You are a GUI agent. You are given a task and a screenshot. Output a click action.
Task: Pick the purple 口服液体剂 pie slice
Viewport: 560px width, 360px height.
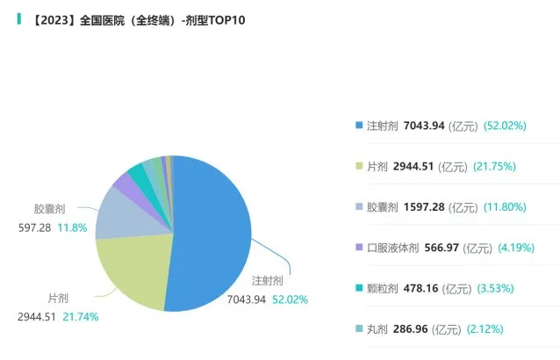tap(123, 182)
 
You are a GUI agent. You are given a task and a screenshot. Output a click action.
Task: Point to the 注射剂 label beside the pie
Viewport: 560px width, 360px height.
tap(267, 282)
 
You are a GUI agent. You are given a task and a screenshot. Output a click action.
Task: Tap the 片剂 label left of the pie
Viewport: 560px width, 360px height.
tap(60, 299)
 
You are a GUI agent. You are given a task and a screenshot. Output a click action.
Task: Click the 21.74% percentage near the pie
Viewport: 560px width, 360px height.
tap(80, 316)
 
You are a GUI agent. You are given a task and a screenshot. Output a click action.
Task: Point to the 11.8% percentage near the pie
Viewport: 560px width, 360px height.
tap(73, 227)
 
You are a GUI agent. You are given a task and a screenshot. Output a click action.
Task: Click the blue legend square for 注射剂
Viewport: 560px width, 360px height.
tap(358, 126)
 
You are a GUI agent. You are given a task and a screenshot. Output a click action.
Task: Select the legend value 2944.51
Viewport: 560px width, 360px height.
tap(416, 166)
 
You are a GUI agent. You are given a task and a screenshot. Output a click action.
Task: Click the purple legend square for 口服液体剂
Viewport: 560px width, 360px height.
tap(358, 248)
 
